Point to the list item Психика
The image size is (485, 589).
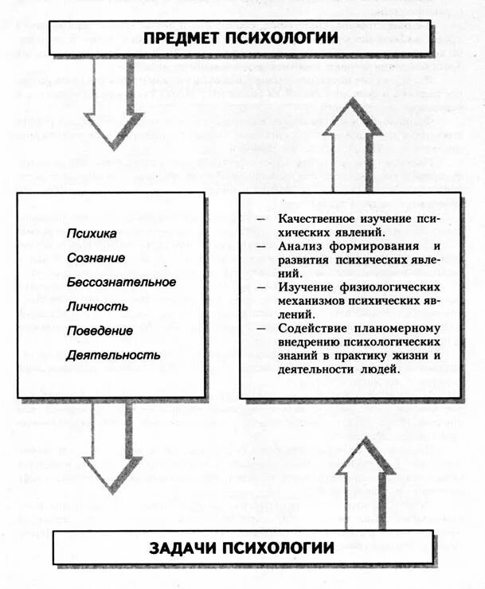(92, 233)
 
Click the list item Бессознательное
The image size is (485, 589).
(121, 282)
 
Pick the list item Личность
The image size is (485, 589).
(96, 306)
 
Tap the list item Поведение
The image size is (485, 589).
(100, 330)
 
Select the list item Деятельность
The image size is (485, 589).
(114, 354)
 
